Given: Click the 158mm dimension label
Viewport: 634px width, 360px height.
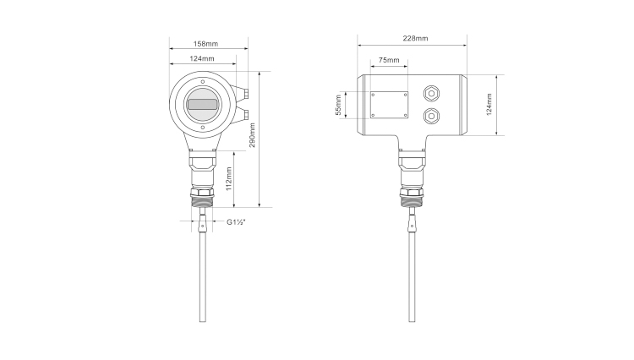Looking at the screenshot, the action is point(205,44).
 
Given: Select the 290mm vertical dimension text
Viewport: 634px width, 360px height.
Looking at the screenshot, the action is point(252,135).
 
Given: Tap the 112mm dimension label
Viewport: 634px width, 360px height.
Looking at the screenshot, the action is point(229,178).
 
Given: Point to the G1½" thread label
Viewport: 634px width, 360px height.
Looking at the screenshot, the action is point(236,221).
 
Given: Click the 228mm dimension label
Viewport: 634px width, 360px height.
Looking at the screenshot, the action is point(415,38).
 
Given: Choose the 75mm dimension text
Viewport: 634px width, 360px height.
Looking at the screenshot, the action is point(389,60).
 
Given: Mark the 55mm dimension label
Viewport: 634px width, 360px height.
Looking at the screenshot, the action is point(339,105).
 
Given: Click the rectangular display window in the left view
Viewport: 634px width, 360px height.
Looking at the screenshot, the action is point(203,105).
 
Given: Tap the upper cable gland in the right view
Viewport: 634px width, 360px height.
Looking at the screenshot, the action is point(431,94).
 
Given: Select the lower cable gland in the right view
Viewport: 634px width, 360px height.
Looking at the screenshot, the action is point(431,117).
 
